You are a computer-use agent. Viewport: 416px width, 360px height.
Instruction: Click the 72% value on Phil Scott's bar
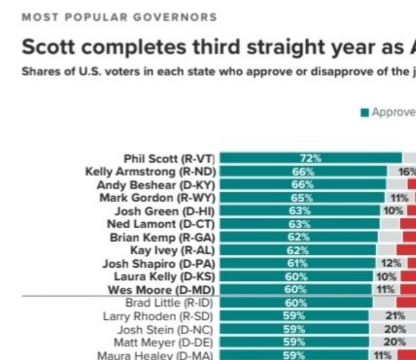click(x=311, y=159)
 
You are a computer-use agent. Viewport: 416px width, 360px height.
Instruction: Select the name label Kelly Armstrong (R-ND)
click(x=151, y=172)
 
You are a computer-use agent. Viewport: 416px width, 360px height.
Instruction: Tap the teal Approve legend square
click(x=365, y=112)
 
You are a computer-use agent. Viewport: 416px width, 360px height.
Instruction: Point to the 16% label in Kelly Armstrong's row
click(x=408, y=172)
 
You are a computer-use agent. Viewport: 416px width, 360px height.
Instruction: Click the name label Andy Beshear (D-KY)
click(x=156, y=185)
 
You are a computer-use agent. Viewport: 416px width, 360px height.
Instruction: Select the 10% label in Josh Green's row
click(x=393, y=211)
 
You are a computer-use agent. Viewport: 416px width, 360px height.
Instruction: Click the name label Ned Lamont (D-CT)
click(x=161, y=224)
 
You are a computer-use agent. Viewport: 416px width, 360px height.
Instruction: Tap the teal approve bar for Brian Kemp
click(x=299, y=237)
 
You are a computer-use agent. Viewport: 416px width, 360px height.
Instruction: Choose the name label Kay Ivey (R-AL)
click(x=172, y=250)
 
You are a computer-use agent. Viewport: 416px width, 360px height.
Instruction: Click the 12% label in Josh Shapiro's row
click(x=391, y=263)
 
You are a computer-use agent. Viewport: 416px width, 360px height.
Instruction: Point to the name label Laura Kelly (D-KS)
click(x=164, y=276)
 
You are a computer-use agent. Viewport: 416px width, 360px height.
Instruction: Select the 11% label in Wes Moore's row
click(x=385, y=289)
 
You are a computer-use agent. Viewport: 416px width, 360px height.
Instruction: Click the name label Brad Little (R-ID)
click(x=169, y=303)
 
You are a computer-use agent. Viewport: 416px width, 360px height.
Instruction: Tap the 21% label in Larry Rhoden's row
click(x=395, y=316)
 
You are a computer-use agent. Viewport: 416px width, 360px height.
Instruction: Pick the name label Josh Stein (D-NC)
click(x=165, y=329)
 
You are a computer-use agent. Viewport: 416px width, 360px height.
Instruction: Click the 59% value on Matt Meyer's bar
click(x=294, y=342)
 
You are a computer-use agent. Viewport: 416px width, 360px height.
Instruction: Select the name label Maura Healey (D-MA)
click(x=155, y=355)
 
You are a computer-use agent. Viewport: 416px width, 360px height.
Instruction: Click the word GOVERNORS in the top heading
click(x=175, y=18)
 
